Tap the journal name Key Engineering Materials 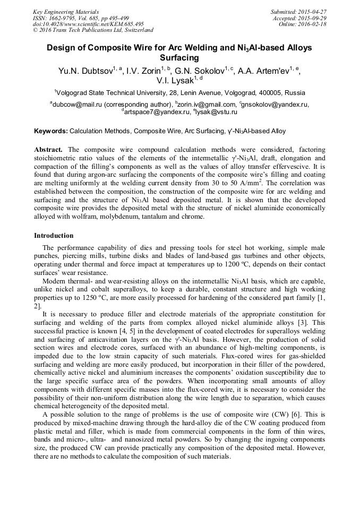click(x=66, y=12)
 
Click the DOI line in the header click(x=88, y=24)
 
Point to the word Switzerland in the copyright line click(x=134, y=31)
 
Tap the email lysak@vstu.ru click(x=217, y=112)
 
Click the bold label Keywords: click(x=51, y=131)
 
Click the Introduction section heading click(x=54, y=235)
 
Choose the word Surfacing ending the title click(x=179, y=57)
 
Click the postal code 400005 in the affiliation click(x=268, y=92)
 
